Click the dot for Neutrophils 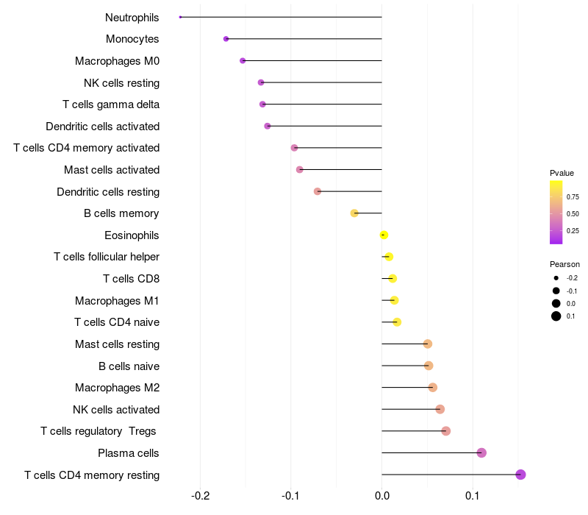180,17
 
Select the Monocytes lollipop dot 226,39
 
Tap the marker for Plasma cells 481,452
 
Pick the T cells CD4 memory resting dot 520,475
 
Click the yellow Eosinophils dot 384,235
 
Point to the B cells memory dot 354,213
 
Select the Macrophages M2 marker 432,387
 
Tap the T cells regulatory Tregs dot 445,431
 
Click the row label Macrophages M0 117,61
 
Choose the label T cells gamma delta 111,104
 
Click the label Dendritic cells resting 108,192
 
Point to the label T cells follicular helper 107,257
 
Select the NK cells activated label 116,410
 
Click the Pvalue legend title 562,173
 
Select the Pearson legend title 564,264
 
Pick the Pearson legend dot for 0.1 556,316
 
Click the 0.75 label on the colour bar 573,197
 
